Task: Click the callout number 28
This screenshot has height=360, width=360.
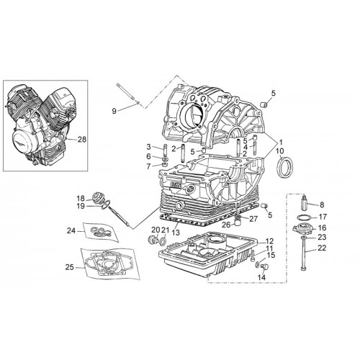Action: pyautogui.click(x=82, y=140)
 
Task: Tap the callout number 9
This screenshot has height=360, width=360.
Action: pyautogui.click(x=114, y=111)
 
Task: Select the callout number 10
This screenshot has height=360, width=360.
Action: pyautogui.click(x=280, y=151)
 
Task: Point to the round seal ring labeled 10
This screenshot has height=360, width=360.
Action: pyautogui.click(x=285, y=166)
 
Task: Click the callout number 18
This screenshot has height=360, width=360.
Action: pyautogui.click(x=81, y=199)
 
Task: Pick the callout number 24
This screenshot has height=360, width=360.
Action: pyautogui.click(x=71, y=231)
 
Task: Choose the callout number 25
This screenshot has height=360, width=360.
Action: pyautogui.click(x=70, y=267)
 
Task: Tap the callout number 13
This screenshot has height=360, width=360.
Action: pyautogui.click(x=176, y=233)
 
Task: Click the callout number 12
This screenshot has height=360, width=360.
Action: pyautogui.click(x=269, y=241)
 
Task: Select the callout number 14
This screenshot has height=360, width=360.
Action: pyautogui.click(x=261, y=277)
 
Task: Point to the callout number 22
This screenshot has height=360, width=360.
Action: pyautogui.click(x=322, y=248)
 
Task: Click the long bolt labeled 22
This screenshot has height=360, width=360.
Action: pyautogui.click(x=305, y=253)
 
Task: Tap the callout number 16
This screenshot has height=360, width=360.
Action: pyautogui.click(x=322, y=228)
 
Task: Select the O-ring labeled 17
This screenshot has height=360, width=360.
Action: pyautogui.click(x=303, y=217)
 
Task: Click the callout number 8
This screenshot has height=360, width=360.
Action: pyautogui.click(x=322, y=204)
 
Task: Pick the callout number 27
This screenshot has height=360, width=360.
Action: pyautogui.click(x=253, y=219)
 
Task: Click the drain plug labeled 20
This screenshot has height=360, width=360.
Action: pyautogui.click(x=152, y=240)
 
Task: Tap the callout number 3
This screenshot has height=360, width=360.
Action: pyautogui.click(x=149, y=147)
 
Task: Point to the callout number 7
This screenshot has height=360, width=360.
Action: pyautogui.click(x=149, y=166)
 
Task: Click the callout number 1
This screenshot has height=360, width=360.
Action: pyautogui.click(x=280, y=142)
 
